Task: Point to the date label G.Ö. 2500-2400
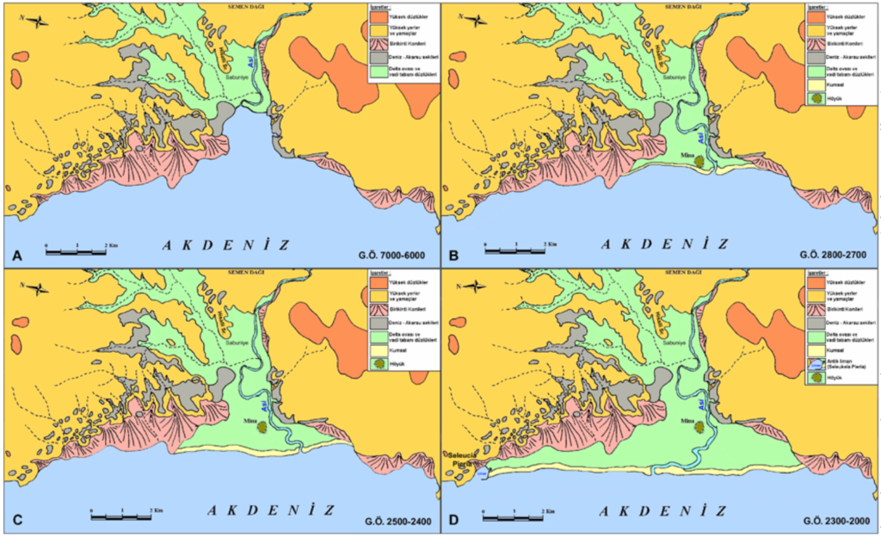(x=391, y=522)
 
